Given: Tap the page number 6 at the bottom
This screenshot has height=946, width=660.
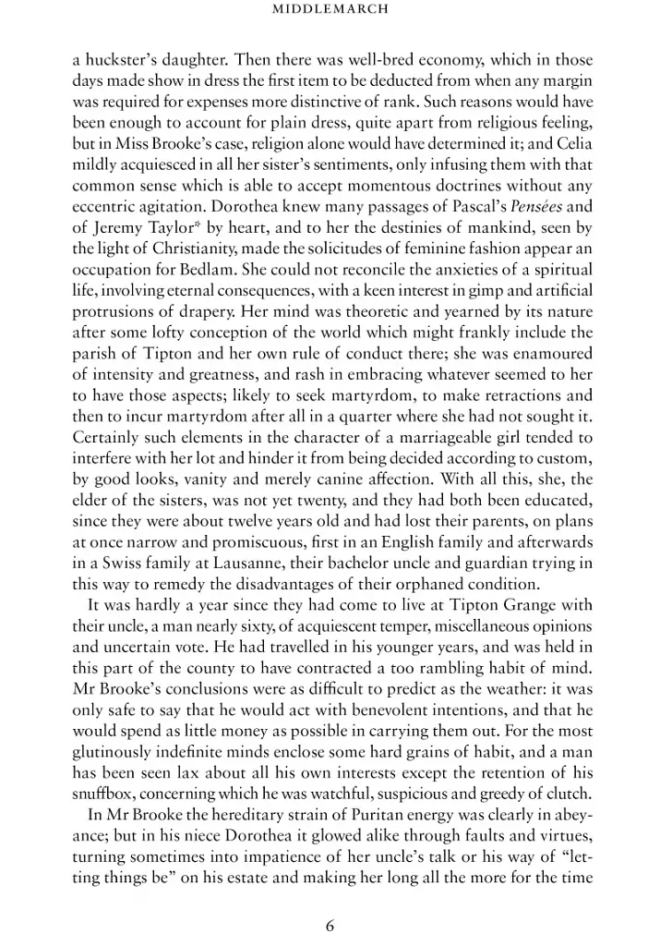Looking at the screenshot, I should click(x=330, y=925).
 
